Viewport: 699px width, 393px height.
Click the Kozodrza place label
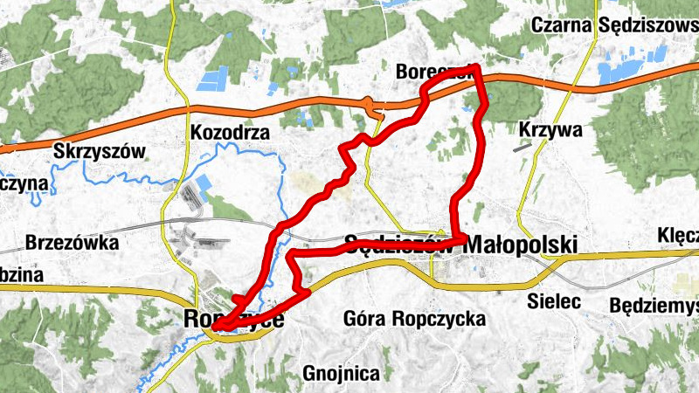tap(227, 134)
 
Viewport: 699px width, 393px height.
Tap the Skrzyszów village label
tap(99, 149)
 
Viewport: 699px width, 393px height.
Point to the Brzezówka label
tap(73, 242)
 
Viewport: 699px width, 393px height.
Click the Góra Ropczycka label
tap(415, 319)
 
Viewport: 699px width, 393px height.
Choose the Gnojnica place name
tap(342, 375)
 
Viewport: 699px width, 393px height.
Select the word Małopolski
tap(522, 245)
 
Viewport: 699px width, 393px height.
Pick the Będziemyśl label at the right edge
tap(654, 306)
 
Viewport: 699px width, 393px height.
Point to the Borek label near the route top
tap(421, 71)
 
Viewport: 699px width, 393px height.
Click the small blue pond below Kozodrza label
tap(204, 185)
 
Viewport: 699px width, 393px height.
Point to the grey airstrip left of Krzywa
tap(523, 148)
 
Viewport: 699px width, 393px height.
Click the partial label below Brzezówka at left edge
tap(22, 273)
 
